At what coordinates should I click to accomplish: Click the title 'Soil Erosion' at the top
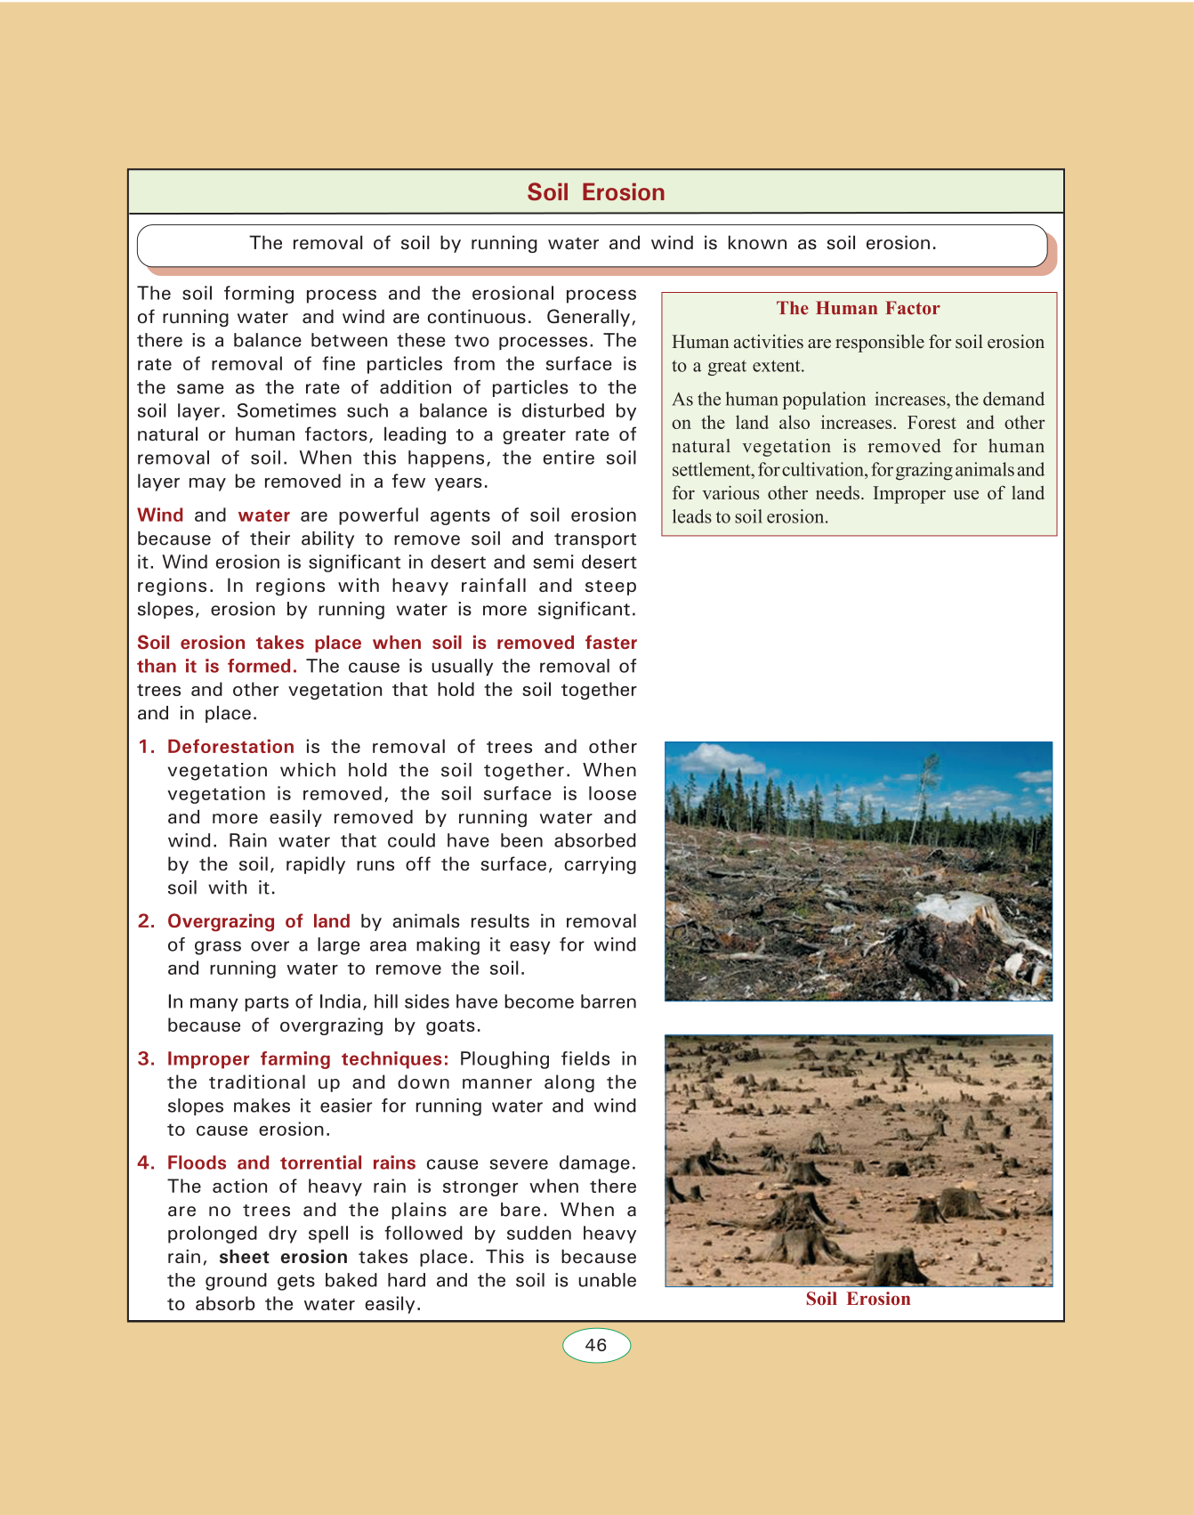pos(595,192)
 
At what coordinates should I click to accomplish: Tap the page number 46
pos(596,1345)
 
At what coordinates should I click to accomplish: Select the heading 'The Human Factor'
pos(858,308)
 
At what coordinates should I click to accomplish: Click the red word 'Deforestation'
pos(230,747)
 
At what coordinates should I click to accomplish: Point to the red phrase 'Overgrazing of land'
pos(258,921)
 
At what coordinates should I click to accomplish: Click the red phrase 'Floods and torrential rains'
pos(291,1163)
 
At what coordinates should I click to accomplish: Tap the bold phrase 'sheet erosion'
pos(283,1257)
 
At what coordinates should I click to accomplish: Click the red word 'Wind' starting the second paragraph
pos(160,515)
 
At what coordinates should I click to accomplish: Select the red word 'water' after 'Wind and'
pos(263,515)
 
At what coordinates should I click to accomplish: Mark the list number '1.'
pos(147,747)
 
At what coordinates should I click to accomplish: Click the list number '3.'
pos(147,1058)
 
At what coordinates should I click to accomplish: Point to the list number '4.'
pos(147,1163)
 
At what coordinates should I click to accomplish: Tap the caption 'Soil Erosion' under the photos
pos(858,1299)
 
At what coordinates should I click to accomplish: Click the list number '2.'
pos(147,921)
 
